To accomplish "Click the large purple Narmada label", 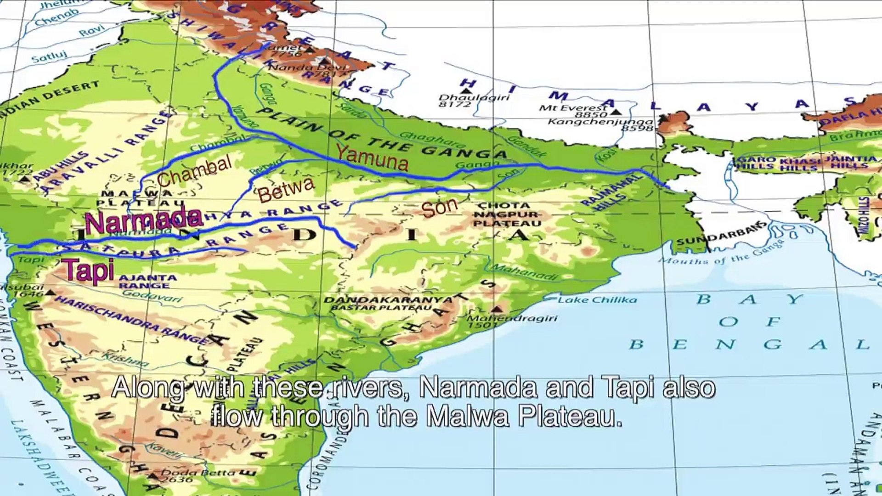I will click(143, 220).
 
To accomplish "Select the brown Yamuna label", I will click(372, 158).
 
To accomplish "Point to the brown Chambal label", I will click(195, 171).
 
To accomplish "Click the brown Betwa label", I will click(286, 189).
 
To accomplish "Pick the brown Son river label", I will click(440, 207).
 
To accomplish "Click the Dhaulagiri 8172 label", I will click(473, 101).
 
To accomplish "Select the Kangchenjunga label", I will click(600, 122).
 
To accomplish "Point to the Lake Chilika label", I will click(597, 300).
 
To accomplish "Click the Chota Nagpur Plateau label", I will click(507, 214).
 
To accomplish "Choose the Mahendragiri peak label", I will click(512, 319).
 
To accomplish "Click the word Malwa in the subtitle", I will click(466, 417).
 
